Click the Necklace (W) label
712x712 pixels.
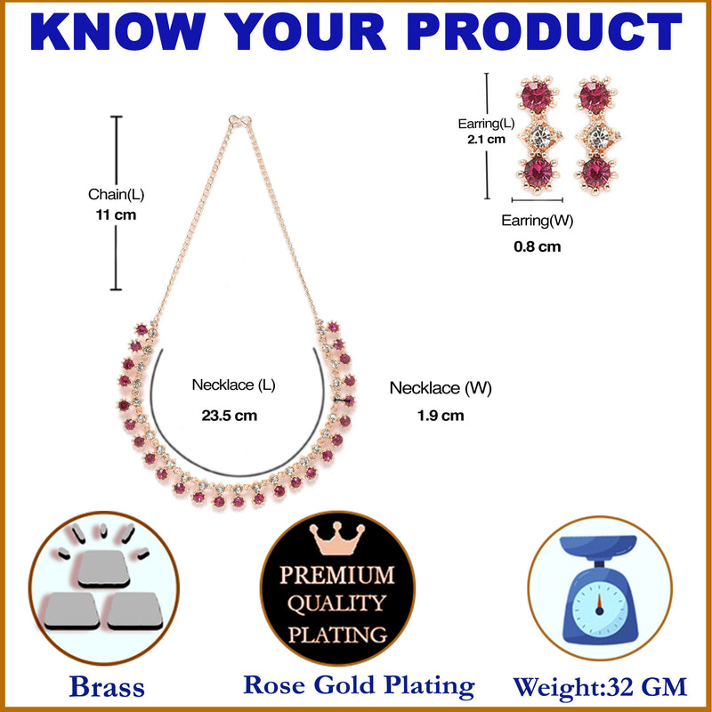click(441, 388)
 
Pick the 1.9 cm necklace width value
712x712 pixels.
click(441, 415)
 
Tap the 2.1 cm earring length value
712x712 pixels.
click(486, 139)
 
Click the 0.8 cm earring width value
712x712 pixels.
click(538, 247)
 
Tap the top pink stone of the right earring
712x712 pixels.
click(595, 97)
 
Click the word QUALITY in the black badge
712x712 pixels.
click(337, 604)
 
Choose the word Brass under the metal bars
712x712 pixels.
click(106, 687)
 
